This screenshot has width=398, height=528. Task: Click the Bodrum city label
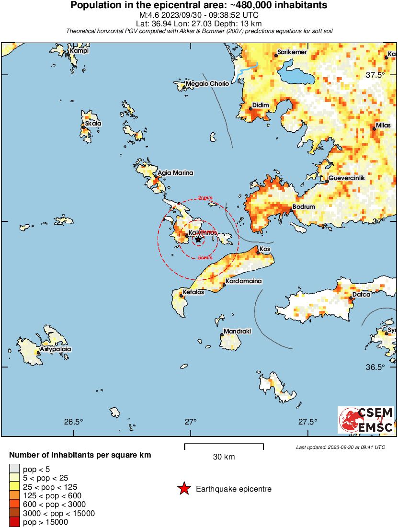[x=304, y=207]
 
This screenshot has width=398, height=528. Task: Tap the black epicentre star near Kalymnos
[x=198, y=239]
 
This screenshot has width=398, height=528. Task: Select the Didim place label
[x=261, y=105]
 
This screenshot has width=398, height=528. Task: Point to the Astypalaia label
[x=56, y=349]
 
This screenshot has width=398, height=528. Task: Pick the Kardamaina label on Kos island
[x=244, y=281]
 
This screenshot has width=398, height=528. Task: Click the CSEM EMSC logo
[x=366, y=420]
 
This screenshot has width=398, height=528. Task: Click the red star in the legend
[x=183, y=489]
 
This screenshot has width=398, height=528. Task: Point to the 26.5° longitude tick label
[x=74, y=422]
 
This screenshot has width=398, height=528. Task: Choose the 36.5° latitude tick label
[x=375, y=367]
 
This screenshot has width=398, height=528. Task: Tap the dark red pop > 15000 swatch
[x=14, y=522]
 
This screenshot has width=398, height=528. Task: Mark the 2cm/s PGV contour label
[x=205, y=198]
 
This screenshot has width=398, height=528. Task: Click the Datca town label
[x=361, y=294]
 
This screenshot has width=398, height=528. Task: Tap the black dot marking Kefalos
[x=181, y=296]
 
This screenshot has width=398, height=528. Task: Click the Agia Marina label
[x=176, y=172]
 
